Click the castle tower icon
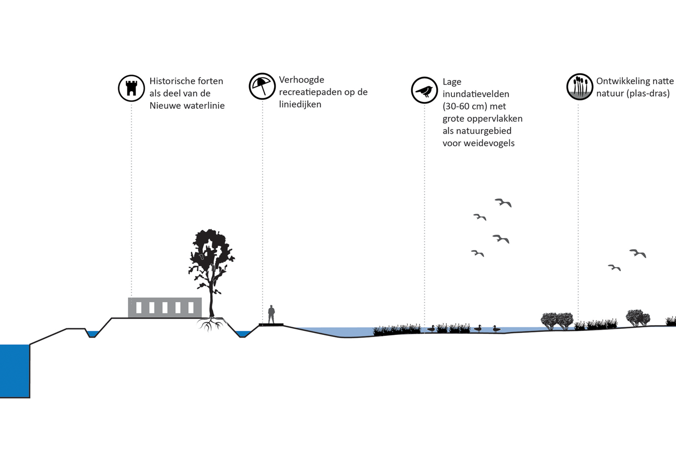click(x=131, y=88)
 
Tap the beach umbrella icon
click(x=262, y=86)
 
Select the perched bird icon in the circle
click(x=424, y=90)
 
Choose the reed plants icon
click(x=579, y=87)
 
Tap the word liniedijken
click(x=300, y=105)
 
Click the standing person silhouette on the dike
click(x=271, y=314)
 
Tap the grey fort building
click(x=165, y=307)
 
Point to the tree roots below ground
click(x=211, y=324)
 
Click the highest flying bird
click(x=503, y=202)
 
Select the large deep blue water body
click(x=15, y=371)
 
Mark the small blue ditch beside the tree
click(x=243, y=333)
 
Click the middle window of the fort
click(x=165, y=307)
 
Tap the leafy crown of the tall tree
click(x=211, y=253)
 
